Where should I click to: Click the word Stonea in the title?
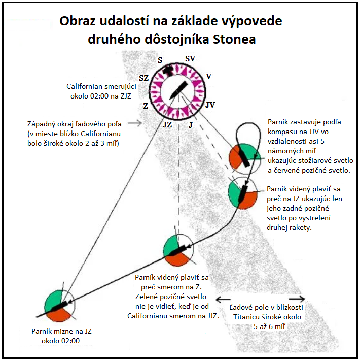pos(234,39)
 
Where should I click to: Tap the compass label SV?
pos(190,59)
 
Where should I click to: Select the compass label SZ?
pos(144,78)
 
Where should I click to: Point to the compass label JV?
pos(210,105)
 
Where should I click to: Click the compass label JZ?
pos(167,125)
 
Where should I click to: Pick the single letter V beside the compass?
pos(208,77)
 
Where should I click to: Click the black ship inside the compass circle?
pos(178,91)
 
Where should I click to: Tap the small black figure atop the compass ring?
pos(168,70)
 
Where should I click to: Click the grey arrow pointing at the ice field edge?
pos(135,123)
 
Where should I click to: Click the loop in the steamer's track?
pos(249,136)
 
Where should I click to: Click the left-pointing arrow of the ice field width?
pos(223,299)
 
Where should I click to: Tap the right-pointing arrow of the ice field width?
pos(297,299)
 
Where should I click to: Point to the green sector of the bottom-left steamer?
pos(53,301)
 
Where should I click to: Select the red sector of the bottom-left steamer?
pos(59,315)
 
